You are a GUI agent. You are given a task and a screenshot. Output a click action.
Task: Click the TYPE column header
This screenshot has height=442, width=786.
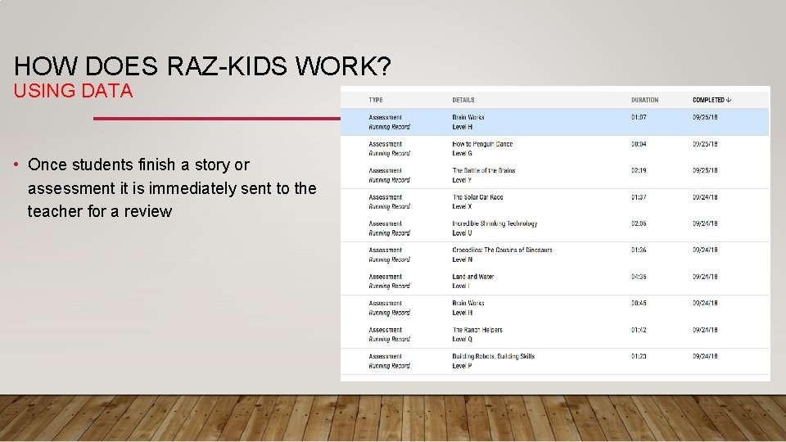click(376, 100)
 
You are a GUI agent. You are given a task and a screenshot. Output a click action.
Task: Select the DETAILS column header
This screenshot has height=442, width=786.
click(463, 100)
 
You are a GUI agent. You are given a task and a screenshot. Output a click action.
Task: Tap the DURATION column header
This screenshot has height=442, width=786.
click(644, 100)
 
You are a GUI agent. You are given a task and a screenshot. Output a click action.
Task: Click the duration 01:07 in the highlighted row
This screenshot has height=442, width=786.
click(639, 117)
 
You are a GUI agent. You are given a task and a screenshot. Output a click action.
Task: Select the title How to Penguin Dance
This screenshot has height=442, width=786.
click(482, 144)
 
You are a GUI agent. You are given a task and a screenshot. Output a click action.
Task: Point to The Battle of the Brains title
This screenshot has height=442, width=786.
click(484, 170)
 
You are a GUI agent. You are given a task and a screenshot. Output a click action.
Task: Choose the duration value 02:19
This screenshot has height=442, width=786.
click(639, 170)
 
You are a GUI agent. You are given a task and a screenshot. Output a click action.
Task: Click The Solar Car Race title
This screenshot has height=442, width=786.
click(477, 197)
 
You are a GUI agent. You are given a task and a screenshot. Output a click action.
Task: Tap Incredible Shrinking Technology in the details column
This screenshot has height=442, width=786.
click(495, 223)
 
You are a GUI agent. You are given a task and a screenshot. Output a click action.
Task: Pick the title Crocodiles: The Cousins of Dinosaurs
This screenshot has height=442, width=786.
click(502, 250)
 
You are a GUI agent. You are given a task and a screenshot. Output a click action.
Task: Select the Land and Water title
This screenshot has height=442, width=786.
click(473, 277)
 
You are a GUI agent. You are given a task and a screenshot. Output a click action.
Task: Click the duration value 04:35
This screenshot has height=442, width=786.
click(639, 277)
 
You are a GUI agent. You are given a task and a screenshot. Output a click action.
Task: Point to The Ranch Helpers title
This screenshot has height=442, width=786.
click(477, 330)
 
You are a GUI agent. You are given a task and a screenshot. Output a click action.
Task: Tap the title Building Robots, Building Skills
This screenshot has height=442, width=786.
click(493, 356)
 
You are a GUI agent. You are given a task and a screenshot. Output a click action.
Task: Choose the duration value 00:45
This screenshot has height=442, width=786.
click(639, 303)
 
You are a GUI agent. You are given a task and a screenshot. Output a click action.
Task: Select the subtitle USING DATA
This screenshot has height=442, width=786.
click(74, 91)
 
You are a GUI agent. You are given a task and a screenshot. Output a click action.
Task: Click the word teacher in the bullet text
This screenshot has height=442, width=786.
click(55, 211)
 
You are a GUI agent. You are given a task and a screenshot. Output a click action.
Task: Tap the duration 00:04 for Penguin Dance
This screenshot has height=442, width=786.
click(639, 144)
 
